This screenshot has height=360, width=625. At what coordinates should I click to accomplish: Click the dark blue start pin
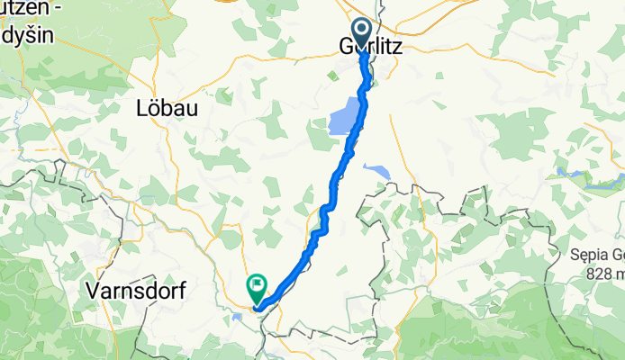point(362,34)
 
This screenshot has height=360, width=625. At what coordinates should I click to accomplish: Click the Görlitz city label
point(370,46)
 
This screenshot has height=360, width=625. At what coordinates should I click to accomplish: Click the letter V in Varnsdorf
point(92,289)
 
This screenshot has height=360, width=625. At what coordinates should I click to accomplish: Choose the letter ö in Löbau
point(154,107)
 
